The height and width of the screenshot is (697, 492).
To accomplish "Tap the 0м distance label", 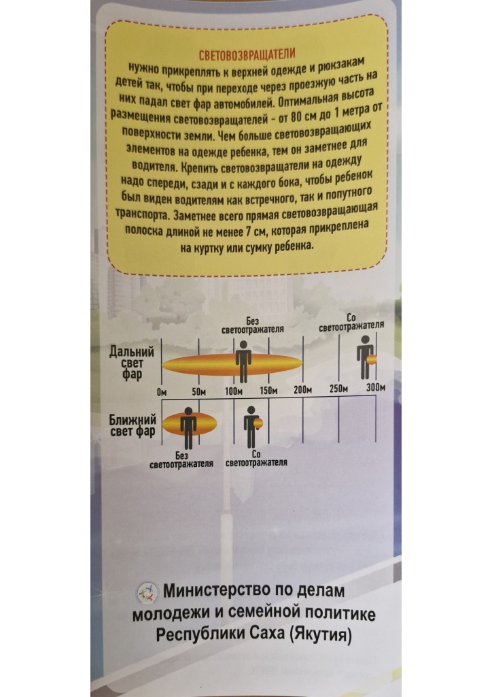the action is coord(162,392).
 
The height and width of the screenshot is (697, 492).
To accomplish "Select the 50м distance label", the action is coord(198,392).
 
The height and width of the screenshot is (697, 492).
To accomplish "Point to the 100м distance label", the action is coord(233,391).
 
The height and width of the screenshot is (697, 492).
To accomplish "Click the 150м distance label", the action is coord(268,391).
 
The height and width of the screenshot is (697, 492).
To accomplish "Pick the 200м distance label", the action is coord(302,390).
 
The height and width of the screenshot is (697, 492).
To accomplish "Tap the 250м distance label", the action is coord(339,389).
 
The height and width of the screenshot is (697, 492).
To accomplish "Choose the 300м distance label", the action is coord(375,387).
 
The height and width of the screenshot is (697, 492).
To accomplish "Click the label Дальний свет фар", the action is coord(133,363).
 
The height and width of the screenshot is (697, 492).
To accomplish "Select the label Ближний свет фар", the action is coord(133,425).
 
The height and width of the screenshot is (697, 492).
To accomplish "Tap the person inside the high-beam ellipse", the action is coord(243,362).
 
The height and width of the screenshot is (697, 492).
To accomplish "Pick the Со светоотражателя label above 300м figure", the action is coord(351,323).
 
